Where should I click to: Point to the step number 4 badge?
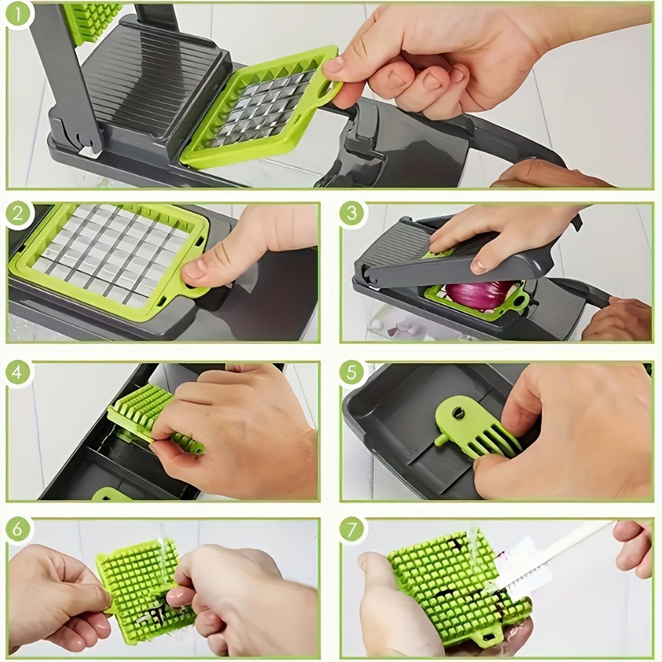tap(19, 373)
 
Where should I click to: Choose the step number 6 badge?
tap(19, 530)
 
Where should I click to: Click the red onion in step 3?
tap(478, 294)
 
